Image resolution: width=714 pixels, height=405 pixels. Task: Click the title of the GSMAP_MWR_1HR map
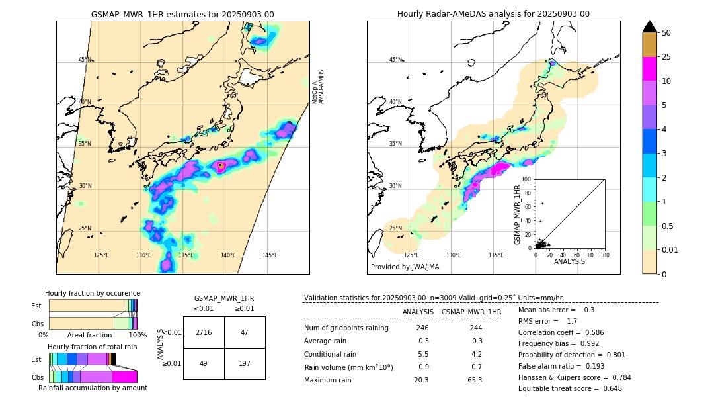(182, 14)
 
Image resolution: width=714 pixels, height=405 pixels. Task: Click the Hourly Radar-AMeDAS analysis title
(493, 14)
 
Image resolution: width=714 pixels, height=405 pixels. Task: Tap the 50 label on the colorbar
(666, 33)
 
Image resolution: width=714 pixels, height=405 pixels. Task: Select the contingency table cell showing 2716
(204, 332)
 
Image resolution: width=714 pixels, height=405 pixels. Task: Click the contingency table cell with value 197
(245, 364)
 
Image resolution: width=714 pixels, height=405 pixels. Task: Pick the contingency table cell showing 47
(245, 332)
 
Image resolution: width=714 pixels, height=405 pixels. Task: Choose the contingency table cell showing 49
(204, 364)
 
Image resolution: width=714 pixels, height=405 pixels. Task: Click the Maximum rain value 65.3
(474, 380)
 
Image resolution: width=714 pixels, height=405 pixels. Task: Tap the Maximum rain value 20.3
(421, 380)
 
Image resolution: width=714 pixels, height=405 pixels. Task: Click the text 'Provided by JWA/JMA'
(405, 267)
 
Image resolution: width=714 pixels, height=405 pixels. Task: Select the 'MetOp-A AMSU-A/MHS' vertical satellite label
(318, 87)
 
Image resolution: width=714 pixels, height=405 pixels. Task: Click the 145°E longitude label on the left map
(270, 255)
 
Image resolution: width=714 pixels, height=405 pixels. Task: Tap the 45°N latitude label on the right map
(395, 60)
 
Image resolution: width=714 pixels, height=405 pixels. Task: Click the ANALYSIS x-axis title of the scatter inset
(569, 261)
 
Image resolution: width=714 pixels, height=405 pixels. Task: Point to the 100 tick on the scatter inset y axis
(527, 179)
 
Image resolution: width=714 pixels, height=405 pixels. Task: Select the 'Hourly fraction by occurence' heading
(93, 293)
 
